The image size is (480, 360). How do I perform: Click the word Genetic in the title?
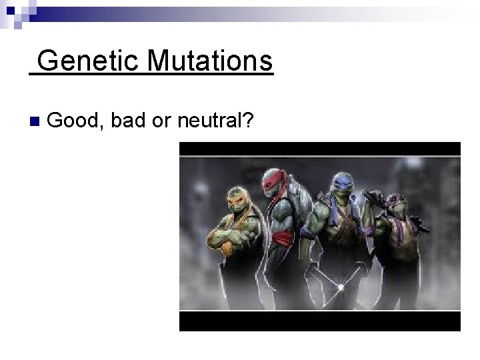click(81, 61)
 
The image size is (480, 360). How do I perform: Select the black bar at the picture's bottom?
click(319, 321)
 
